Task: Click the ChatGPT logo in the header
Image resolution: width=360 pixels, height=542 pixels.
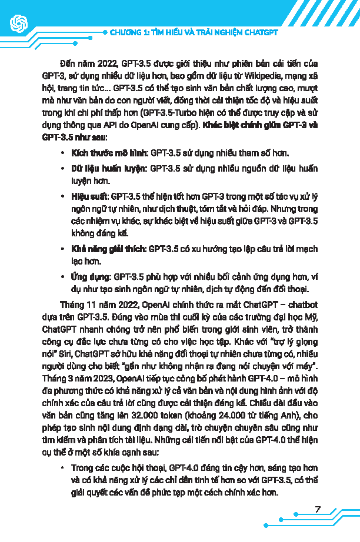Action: [x=18, y=23]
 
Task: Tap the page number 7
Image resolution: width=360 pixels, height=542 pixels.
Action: [x=318, y=509]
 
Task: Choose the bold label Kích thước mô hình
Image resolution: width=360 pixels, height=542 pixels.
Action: [x=109, y=153]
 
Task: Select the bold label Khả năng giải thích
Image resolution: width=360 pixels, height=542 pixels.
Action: [x=108, y=249]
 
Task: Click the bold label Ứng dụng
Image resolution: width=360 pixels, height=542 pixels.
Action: [x=90, y=276]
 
